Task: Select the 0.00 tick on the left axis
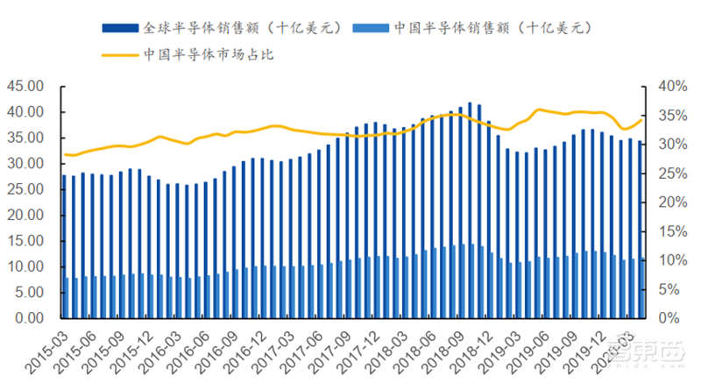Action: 28,319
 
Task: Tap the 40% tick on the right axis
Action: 664,87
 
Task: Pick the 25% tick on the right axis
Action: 664,174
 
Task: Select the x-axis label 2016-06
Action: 199,348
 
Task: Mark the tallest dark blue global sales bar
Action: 470,210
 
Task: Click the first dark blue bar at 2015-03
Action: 64,246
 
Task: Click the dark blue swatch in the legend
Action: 120,27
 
